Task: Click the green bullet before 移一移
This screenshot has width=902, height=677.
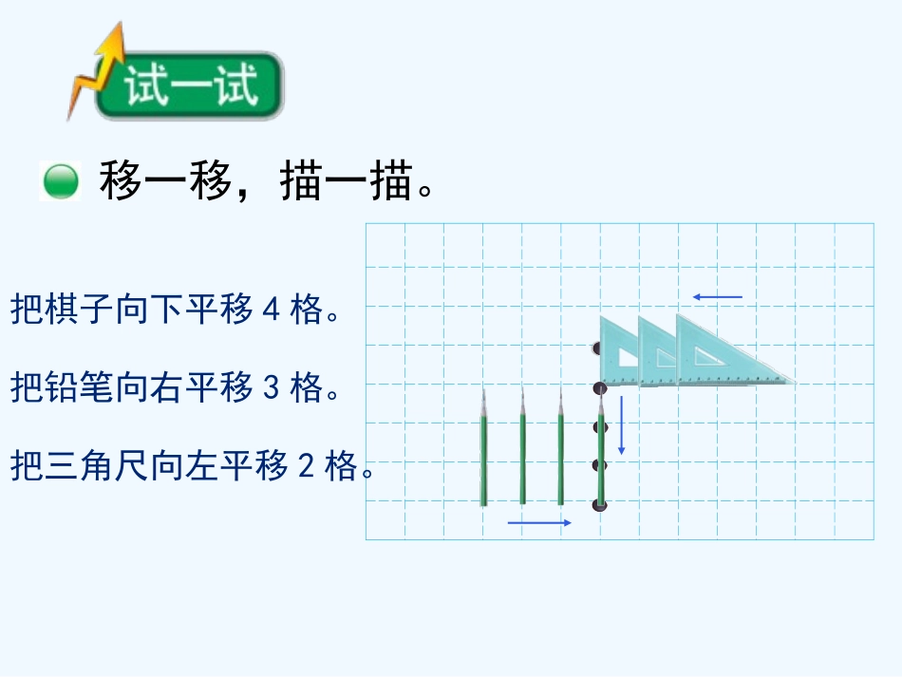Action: pos(61,180)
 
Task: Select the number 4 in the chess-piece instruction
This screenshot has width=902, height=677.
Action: pos(270,310)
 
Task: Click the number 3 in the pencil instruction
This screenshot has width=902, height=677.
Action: pos(270,388)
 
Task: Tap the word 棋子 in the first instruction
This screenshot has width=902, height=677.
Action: pos(79,310)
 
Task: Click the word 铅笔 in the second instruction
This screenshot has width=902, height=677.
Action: pos(79,388)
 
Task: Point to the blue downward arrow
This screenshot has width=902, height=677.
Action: pos(622,424)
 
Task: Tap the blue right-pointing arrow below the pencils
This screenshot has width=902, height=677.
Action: pos(539,522)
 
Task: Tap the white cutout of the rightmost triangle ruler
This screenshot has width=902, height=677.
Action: pos(705,357)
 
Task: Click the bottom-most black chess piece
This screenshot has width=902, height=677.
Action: pos(598,504)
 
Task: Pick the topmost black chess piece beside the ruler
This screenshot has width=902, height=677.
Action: pos(597,348)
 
